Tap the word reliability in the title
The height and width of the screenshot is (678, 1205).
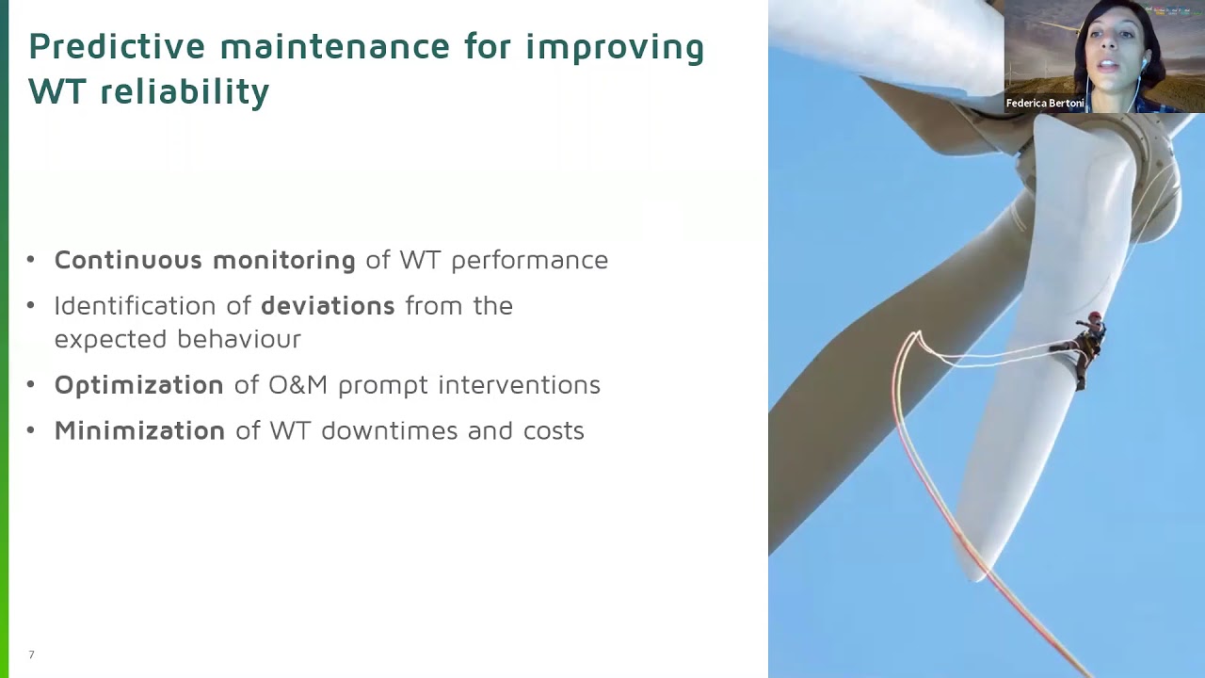coord(185,92)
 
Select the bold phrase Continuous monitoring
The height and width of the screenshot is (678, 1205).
coord(204,260)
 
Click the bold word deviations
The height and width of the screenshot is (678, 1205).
coord(328,306)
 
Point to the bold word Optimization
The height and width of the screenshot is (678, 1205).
coord(138,385)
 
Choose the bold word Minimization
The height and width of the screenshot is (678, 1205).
coord(139,431)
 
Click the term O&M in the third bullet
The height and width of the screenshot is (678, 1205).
coord(297,385)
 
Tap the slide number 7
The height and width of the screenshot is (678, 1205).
coord(31,654)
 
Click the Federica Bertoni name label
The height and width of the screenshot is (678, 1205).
coord(1045,104)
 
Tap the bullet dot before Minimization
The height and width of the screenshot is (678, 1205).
coord(31,431)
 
